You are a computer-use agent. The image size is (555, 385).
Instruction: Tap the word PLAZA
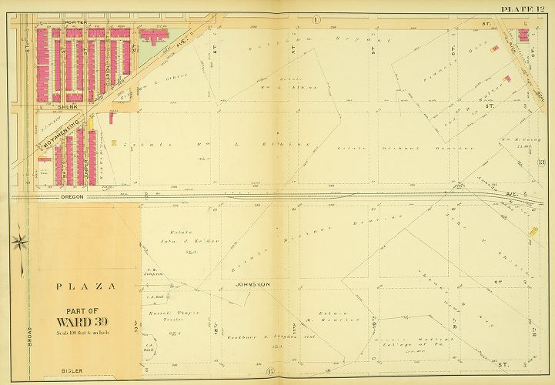85,286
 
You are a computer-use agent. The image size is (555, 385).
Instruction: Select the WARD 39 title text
85,321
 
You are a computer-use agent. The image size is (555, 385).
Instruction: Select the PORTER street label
75,23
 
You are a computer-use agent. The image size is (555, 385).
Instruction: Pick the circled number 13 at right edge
541,162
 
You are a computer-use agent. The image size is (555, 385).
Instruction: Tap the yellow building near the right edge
533,230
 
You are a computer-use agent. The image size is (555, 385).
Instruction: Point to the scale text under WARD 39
85,333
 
